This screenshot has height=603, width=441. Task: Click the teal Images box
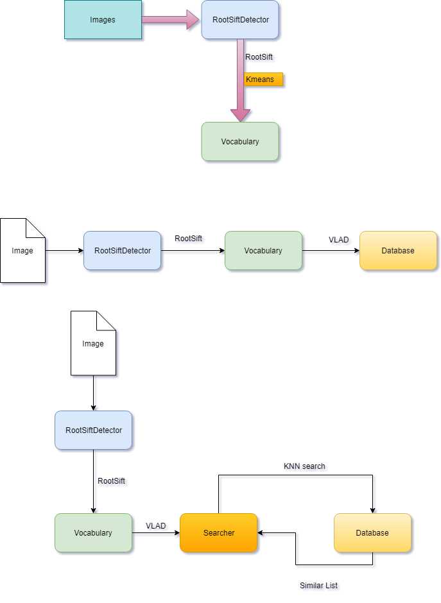(x=103, y=20)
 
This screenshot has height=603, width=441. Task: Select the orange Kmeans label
(x=263, y=80)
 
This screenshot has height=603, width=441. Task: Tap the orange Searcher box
(x=218, y=533)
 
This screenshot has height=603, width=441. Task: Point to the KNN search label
(x=305, y=466)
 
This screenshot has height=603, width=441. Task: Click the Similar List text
(x=318, y=586)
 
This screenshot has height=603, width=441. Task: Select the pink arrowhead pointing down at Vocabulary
(x=240, y=114)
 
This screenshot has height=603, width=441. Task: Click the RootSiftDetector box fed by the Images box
(x=240, y=20)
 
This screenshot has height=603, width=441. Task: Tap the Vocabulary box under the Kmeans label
(x=240, y=141)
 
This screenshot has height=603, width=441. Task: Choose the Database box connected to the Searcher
(x=372, y=533)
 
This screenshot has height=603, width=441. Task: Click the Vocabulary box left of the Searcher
(x=93, y=533)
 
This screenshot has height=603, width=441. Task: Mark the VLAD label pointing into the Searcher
(x=155, y=526)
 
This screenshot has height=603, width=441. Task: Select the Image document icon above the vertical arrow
(x=93, y=343)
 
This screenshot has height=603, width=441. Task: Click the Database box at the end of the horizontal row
(x=398, y=251)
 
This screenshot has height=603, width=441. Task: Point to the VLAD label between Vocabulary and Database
(x=338, y=240)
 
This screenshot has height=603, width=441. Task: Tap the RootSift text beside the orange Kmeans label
(x=259, y=57)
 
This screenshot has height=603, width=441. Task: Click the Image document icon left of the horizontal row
(x=22, y=251)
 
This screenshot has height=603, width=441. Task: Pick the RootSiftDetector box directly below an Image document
(x=93, y=430)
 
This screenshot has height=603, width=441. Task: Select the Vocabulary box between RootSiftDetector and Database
(x=263, y=251)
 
